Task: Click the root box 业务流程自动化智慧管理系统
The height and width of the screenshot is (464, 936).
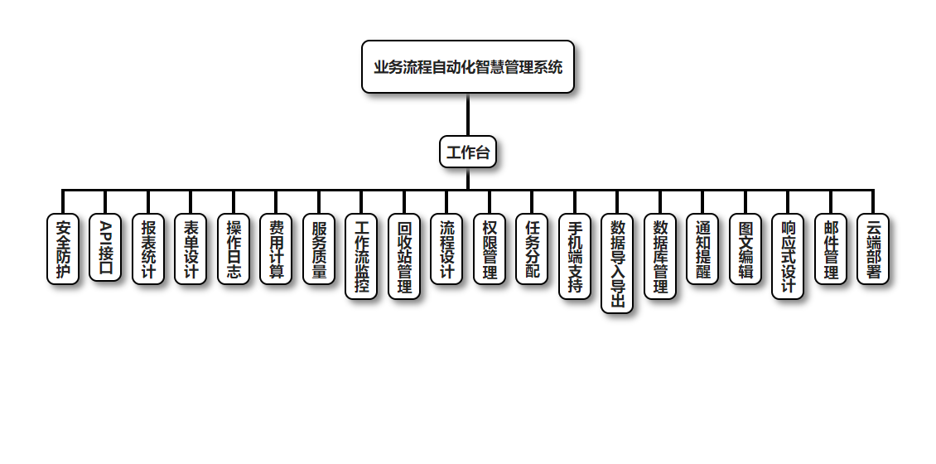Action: point(467,66)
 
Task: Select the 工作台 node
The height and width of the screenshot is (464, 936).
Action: point(467,152)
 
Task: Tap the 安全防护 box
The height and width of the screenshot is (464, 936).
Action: point(63,249)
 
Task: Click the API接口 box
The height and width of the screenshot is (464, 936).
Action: point(105,248)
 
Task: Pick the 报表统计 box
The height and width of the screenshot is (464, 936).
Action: point(148,249)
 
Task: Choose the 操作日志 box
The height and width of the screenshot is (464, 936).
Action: point(234,249)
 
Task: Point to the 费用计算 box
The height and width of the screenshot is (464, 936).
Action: point(276,249)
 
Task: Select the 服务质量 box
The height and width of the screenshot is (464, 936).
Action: point(319,249)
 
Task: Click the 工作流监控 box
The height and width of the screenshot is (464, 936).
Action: point(361,256)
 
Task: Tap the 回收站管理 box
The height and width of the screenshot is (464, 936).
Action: point(404,256)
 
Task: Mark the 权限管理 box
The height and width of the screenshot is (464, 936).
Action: point(490,249)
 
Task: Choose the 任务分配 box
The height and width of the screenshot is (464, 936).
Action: point(532,249)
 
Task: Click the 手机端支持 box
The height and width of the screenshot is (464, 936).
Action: point(575,256)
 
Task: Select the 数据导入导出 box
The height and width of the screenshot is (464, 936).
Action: point(617,263)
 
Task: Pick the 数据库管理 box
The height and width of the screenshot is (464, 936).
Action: point(660,256)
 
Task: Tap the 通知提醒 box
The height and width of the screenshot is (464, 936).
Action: point(702,249)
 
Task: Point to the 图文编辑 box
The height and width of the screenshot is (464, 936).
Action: point(745,249)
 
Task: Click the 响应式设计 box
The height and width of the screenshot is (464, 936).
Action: point(788,256)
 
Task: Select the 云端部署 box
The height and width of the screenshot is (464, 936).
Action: point(873,249)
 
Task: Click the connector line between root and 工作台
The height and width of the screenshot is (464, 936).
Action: point(467,114)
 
